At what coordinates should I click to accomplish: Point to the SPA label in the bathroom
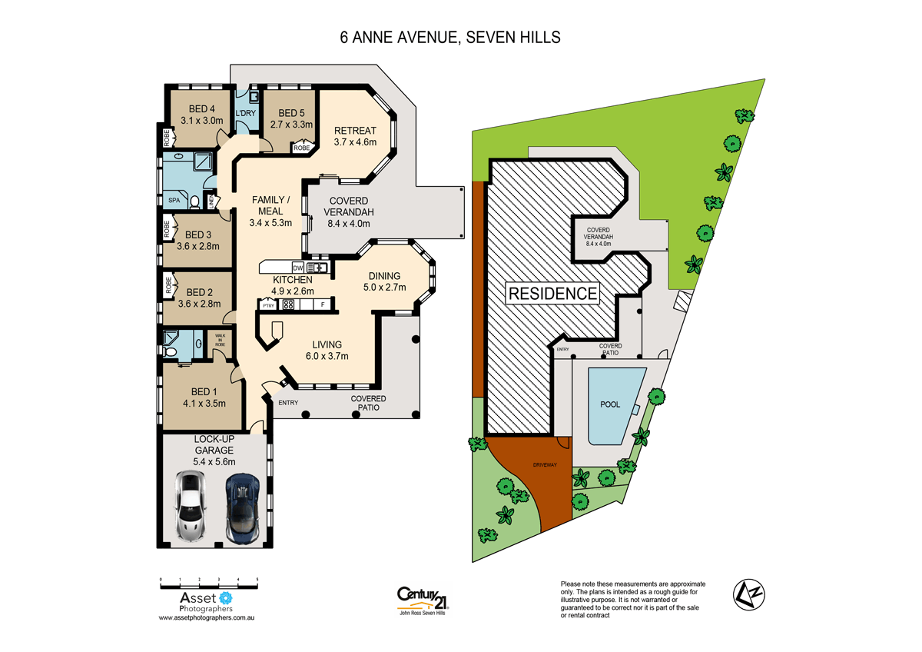(174, 200)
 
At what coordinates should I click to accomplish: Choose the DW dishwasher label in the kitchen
(297, 268)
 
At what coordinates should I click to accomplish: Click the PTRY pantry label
(268, 305)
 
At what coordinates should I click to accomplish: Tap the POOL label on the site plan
(610, 403)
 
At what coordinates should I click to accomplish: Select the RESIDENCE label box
(551, 293)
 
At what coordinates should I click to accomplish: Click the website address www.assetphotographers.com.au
(206, 617)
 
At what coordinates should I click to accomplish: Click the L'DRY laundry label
(245, 114)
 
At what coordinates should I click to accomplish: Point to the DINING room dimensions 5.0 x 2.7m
(385, 288)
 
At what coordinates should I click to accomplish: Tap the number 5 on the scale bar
(257, 578)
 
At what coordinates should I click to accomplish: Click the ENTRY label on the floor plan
(289, 402)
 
